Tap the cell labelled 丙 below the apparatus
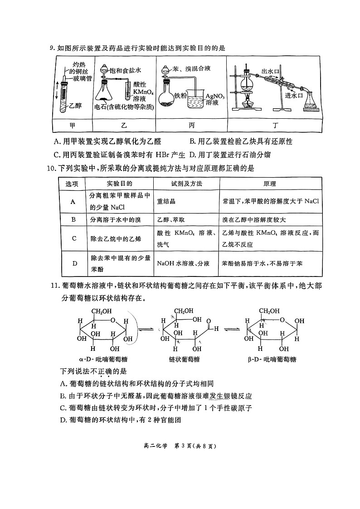(x=191, y=124)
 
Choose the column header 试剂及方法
(x=186, y=184)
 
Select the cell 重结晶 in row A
(x=166, y=201)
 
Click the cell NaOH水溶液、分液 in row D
(x=183, y=263)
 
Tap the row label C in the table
(x=73, y=238)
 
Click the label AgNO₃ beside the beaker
(x=214, y=96)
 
